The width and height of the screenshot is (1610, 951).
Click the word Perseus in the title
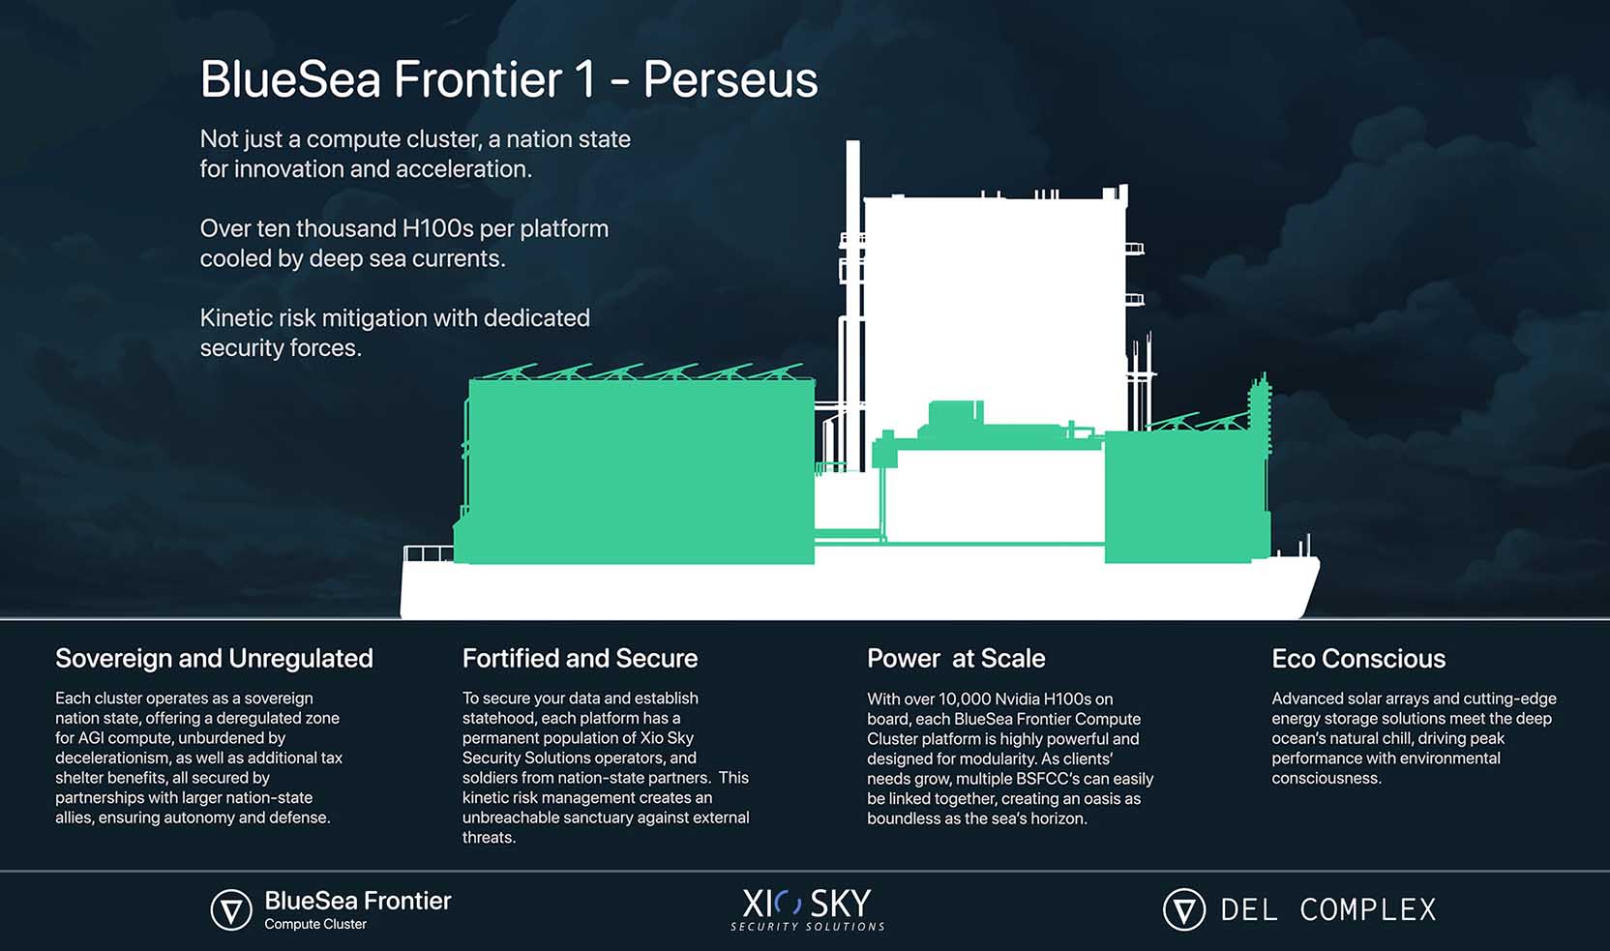click(x=730, y=79)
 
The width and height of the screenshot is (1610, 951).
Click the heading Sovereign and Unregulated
click(x=214, y=659)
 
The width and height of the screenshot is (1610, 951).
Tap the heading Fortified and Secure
click(x=580, y=659)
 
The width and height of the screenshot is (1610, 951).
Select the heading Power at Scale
click(x=956, y=659)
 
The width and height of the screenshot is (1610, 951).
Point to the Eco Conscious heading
click(x=1358, y=659)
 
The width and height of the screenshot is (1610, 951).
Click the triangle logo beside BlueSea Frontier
click(x=230, y=909)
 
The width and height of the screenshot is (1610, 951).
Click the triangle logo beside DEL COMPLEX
click(x=1183, y=909)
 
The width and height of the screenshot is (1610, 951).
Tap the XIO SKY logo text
click(x=806, y=903)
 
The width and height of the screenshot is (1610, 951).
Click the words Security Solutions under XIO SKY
click(x=807, y=927)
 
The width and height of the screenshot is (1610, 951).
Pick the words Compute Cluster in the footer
click(x=315, y=925)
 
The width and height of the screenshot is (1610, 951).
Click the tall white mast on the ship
click(x=853, y=306)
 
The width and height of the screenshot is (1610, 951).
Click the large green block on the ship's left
click(x=640, y=471)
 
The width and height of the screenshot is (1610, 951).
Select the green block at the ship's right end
click(x=1187, y=496)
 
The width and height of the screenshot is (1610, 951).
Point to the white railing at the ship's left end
click(x=429, y=553)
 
